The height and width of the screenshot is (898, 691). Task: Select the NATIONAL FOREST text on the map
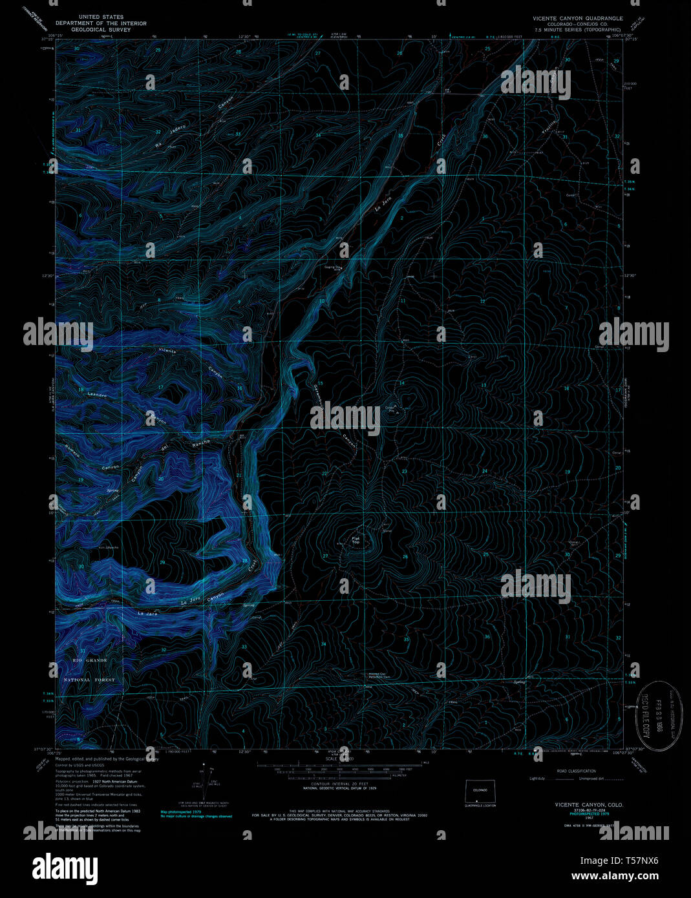[x=89, y=680]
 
